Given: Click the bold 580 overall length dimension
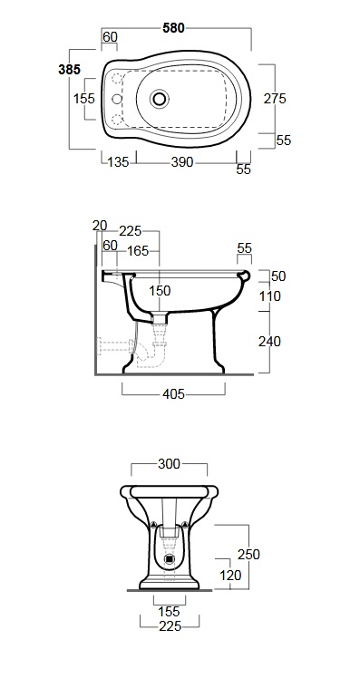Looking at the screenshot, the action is coord(173,28).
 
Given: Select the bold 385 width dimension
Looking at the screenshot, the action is coord(70,69).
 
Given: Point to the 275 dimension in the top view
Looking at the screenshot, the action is coord(275,99).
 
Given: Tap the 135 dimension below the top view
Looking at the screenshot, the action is coord(118,162).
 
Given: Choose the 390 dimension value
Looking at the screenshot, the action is coord(181,162).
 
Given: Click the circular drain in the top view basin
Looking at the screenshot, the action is coord(160,99).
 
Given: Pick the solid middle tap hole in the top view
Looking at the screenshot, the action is coord(117,99).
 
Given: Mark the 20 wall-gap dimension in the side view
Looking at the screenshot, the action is coord(100,226).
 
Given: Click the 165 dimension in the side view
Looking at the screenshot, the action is coord(138,251).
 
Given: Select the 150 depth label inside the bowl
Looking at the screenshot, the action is coord(160,291).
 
